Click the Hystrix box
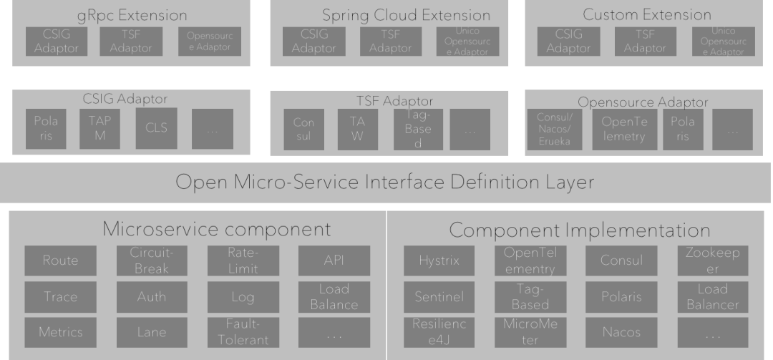click(x=438, y=261)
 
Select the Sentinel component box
click(x=438, y=296)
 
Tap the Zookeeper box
click(x=712, y=261)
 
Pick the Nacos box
click(x=621, y=332)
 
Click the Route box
click(x=60, y=261)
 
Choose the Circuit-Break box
click(x=152, y=261)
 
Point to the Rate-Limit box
click(x=243, y=261)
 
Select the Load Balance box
click(x=334, y=296)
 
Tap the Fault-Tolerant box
click(x=243, y=332)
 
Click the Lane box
click(x=152, y=332)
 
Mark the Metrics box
click(x=60, y=332)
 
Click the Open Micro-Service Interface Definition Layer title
click(x=385, y=183)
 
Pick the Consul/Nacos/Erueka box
click(x=554, y=130)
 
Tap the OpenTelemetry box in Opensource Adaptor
click(x=623, y=130)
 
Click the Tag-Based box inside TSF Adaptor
click(x=413, y=130)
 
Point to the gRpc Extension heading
click(x=132, y=15)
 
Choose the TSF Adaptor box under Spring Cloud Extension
click(x=391, y=42)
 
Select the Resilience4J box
click(x=438, y=332)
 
